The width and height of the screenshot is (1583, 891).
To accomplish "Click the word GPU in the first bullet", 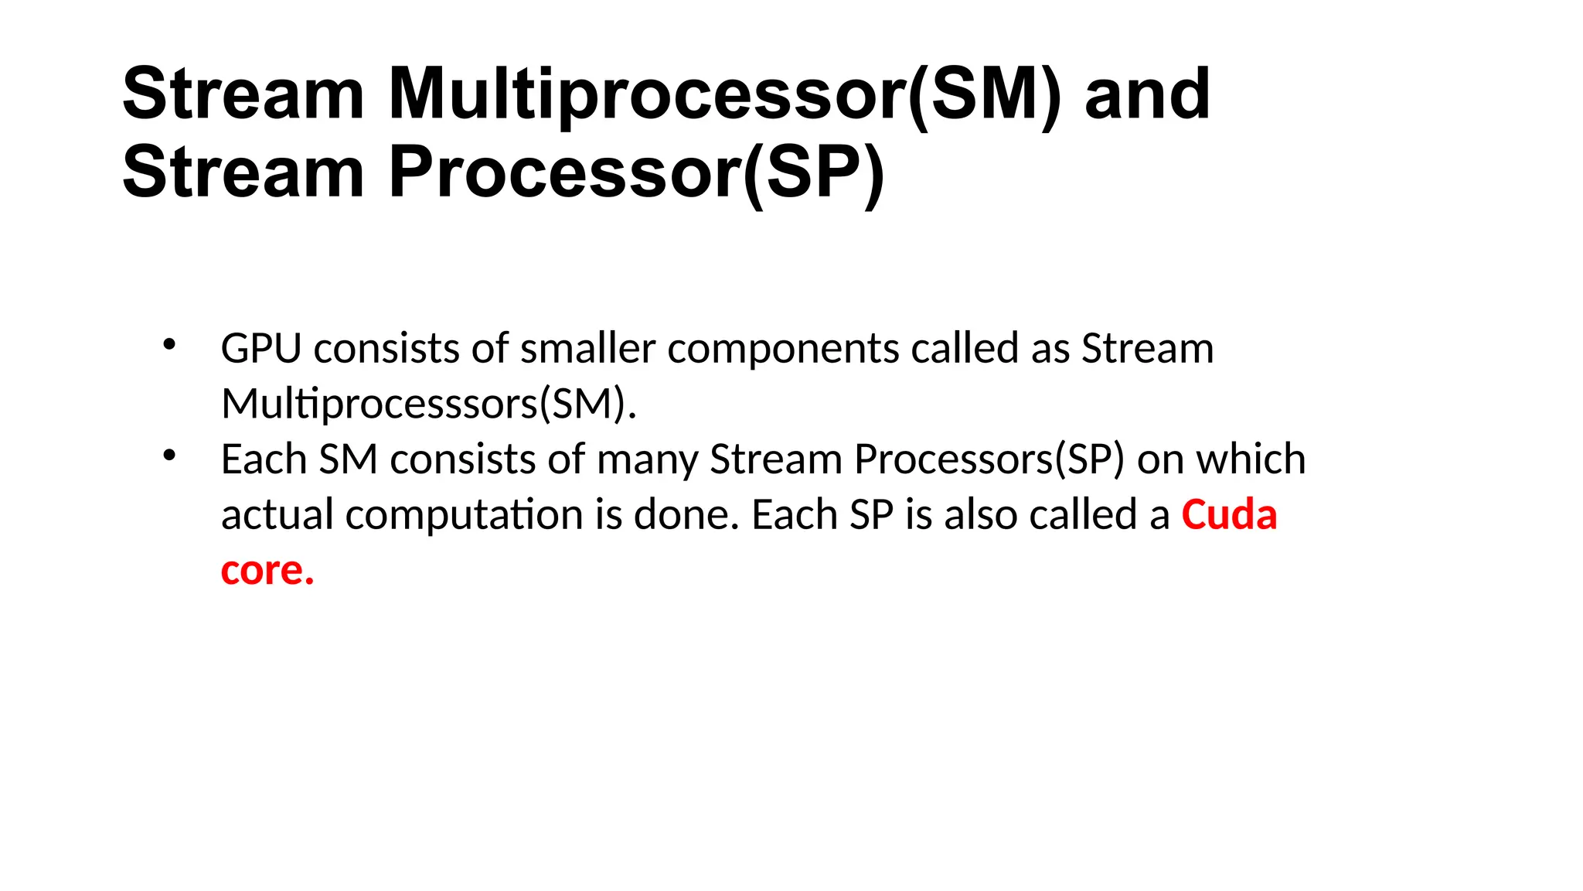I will coord(260,349).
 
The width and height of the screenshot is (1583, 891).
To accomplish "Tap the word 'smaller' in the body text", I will coord(587,349).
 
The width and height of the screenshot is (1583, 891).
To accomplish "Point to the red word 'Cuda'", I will coord(1229,515).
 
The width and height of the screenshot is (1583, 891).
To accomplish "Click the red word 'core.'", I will coord(267,571).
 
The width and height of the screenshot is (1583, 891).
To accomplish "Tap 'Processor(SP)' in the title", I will coord(636,172).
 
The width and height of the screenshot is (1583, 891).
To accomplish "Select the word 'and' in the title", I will coord(1147,94).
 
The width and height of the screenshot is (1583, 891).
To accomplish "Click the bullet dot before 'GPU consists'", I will coord(169,344).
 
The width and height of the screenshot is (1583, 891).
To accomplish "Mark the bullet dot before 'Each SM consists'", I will coord(169,456).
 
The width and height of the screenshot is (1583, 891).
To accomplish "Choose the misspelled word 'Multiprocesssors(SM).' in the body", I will coord(429,405).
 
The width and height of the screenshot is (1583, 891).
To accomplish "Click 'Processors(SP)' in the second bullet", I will coord(989,459).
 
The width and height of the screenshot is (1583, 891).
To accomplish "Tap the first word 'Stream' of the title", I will coord(243,94).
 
